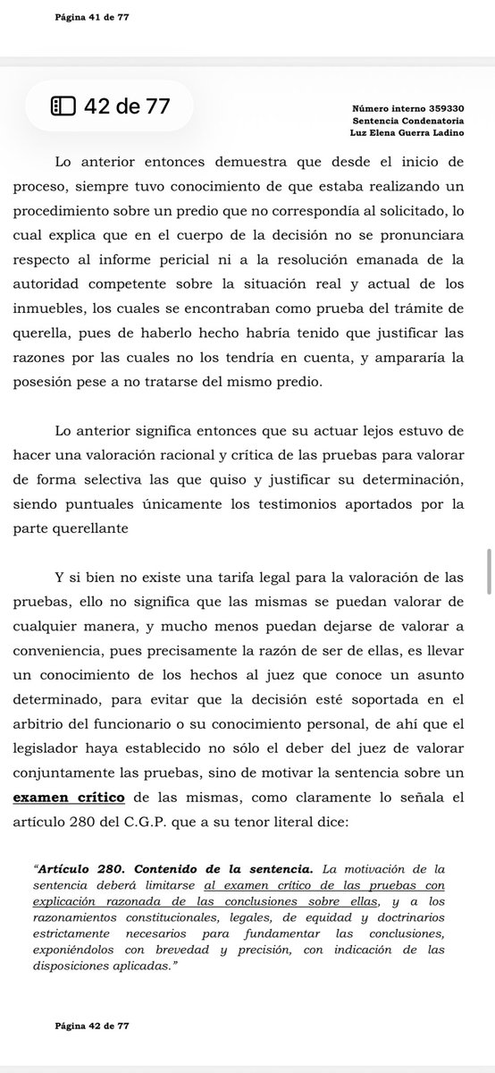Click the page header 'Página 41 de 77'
point(92,18)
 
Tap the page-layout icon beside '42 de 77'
point(63,107)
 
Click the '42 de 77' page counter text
point(125,107)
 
